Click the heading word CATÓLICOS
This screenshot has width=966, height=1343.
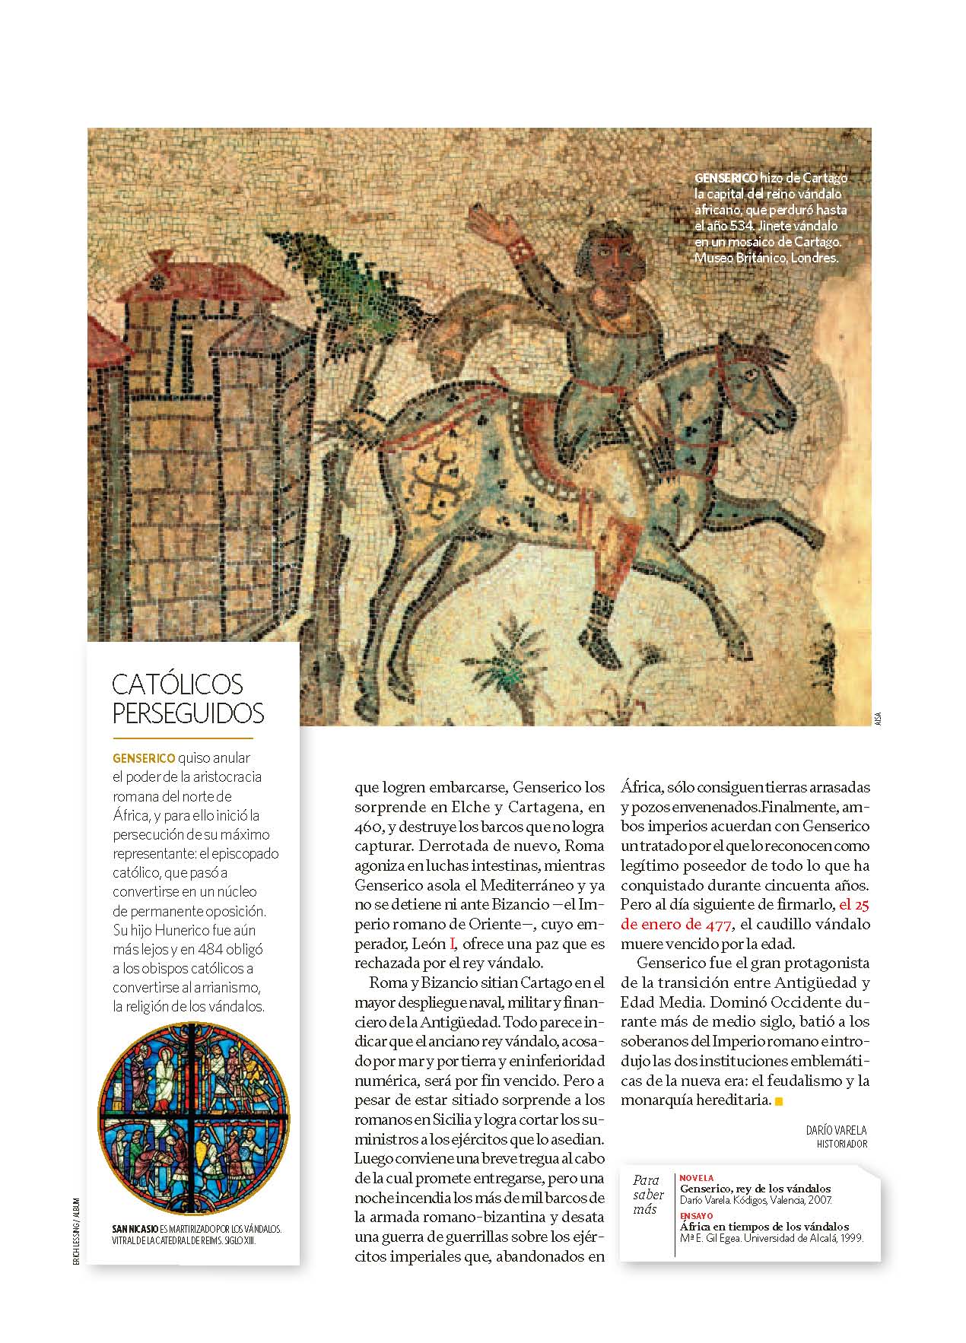pyautogui.click(x=177, y=684)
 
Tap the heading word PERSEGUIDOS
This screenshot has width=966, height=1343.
pyautogui.click(x=188, y=713)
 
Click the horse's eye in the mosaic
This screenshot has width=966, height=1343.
pyautogui.click(x=750, y=375)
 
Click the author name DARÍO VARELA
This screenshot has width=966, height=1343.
pyautogui.click(x=836, y=1131)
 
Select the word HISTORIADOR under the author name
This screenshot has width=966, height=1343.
pyautogui.click(x=841, y=1144)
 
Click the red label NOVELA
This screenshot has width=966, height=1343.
pyautogui.click(x=697, y=1178)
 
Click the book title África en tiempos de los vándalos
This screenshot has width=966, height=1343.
pyautogui.click(x=764, y=1227)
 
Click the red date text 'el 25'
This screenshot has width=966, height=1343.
pyautogui.click(x=854, y=905)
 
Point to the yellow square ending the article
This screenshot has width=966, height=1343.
pyautogui.click(x=777, y=1100)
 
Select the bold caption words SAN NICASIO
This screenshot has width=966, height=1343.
pyautogui.click(x=135, y=1228)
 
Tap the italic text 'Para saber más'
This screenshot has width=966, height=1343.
pyautogui.click(x=646, y=1195)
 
